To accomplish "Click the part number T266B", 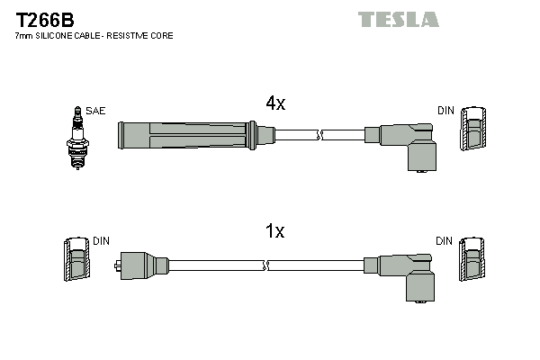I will (x=44, y=17).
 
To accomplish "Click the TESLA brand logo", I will (x=398, y=19).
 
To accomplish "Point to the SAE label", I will (x=95, y=111).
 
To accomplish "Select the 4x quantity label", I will (x=275, y=103).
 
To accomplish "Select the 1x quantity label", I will (x=275, y=231).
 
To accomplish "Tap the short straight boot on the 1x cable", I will (x=143, y=265).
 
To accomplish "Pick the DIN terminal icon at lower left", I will (x=78, y=261).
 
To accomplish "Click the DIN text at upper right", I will (x=445, y=111).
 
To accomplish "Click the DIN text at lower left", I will (x=101, y=241).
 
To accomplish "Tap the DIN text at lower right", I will (x=445, y=241).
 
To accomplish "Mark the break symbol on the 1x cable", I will (x=267, y=265).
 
